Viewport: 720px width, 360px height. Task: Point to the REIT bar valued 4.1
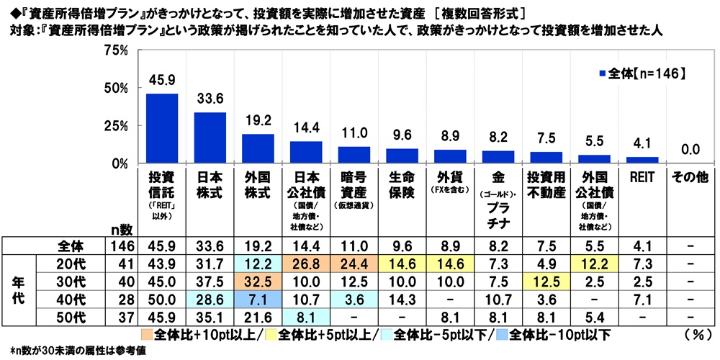642,160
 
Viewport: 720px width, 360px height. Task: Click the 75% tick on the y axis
115,50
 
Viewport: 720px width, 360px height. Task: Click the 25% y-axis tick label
115,126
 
